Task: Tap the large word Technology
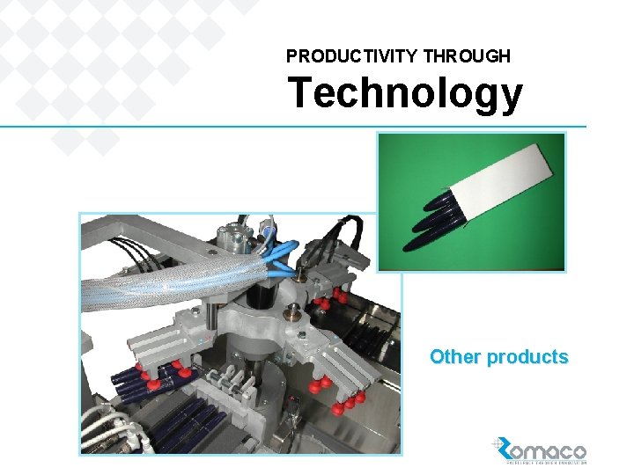tap(405, 92)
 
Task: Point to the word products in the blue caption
tap(527, 357)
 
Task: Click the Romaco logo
tap(540, 450)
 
